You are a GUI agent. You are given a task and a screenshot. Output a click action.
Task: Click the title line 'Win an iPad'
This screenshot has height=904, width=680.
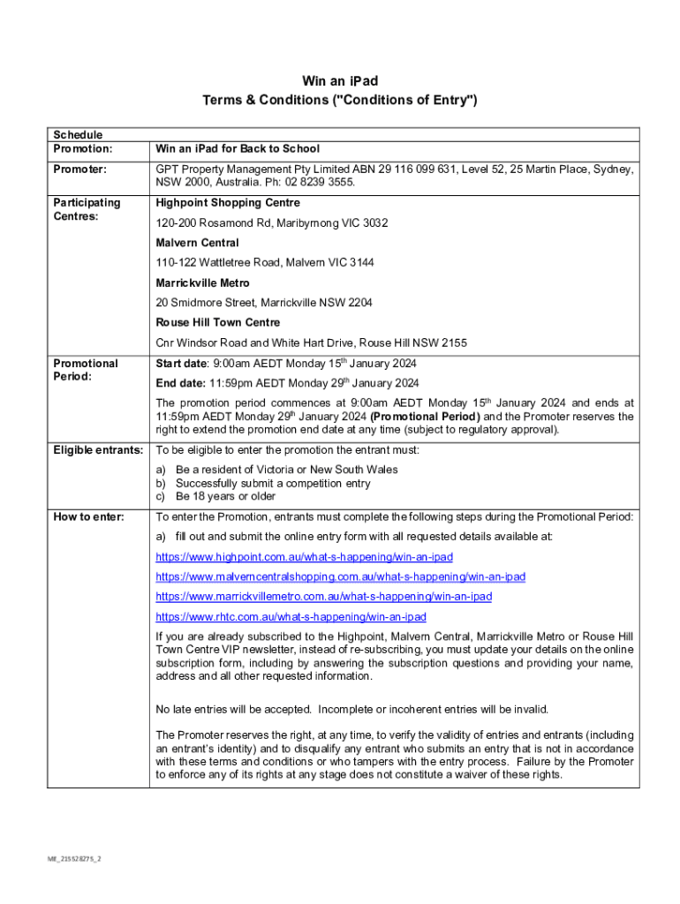340,81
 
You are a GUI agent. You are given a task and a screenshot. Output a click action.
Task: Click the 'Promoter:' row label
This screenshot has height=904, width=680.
79,169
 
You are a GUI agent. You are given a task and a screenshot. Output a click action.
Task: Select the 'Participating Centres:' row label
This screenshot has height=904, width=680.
87,208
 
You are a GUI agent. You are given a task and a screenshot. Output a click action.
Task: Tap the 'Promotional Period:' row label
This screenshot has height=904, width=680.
85,369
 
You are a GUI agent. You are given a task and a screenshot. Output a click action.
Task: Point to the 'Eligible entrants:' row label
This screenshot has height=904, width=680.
97,450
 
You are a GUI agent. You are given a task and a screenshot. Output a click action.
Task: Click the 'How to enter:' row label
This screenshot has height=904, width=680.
88,516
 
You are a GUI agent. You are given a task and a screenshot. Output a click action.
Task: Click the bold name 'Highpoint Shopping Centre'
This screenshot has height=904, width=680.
228,203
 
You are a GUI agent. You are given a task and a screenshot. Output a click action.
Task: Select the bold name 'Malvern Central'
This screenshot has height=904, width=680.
197,243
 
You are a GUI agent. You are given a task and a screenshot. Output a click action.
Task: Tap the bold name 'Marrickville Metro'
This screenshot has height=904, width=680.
202,283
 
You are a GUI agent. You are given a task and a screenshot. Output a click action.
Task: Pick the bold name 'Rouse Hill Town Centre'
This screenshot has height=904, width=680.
218,323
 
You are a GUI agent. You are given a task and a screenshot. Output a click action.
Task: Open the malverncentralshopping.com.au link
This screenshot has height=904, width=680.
340,576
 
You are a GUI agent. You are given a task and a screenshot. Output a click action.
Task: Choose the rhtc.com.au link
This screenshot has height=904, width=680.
291,617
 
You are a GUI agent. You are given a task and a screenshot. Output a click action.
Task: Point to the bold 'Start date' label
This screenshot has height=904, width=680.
181,364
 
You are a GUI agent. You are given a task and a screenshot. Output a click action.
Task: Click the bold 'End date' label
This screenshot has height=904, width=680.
180,383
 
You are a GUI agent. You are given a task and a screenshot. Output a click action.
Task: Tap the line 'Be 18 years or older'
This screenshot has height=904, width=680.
225,496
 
